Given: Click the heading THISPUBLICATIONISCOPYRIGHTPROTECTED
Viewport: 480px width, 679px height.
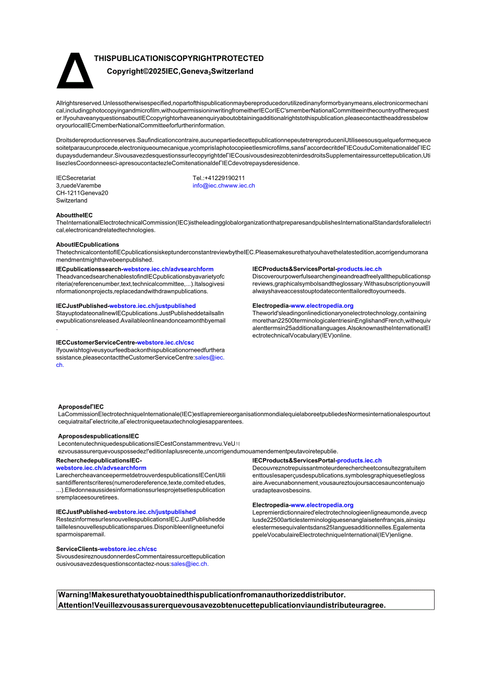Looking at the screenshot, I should [178, 58].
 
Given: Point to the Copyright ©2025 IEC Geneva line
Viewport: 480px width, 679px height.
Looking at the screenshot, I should [180, 72].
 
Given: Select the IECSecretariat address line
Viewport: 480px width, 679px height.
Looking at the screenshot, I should [76, 178].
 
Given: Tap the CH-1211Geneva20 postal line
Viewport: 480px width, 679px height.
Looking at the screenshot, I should [82, 193].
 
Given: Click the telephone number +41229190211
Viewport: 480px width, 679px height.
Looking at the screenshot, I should [219, 178].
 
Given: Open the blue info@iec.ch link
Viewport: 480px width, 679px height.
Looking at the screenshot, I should [208, 186].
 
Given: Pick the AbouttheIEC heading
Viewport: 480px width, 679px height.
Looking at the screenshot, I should [74, 215].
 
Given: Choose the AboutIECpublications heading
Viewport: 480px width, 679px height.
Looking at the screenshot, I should [87, 245].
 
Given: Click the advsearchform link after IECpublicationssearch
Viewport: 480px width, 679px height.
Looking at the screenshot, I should [168, 269].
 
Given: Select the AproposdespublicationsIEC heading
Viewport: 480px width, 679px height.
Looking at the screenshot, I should [99, 436].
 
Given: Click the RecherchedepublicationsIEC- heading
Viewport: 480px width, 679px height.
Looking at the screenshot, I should [99, 461].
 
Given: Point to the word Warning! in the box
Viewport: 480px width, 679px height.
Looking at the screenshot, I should [75, 595].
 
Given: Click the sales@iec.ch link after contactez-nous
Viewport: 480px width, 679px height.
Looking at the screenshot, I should [189, 564].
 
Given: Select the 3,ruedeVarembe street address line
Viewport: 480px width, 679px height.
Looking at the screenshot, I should [78, 186].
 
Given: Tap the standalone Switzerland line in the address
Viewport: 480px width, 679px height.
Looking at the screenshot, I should [71, 200].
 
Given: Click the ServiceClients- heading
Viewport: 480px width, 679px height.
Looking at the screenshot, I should [78, 549].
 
